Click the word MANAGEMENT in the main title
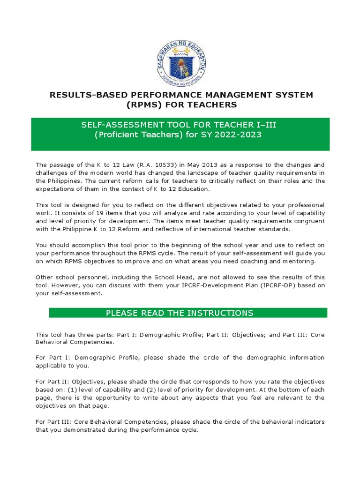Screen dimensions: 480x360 (x=229, y=95)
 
